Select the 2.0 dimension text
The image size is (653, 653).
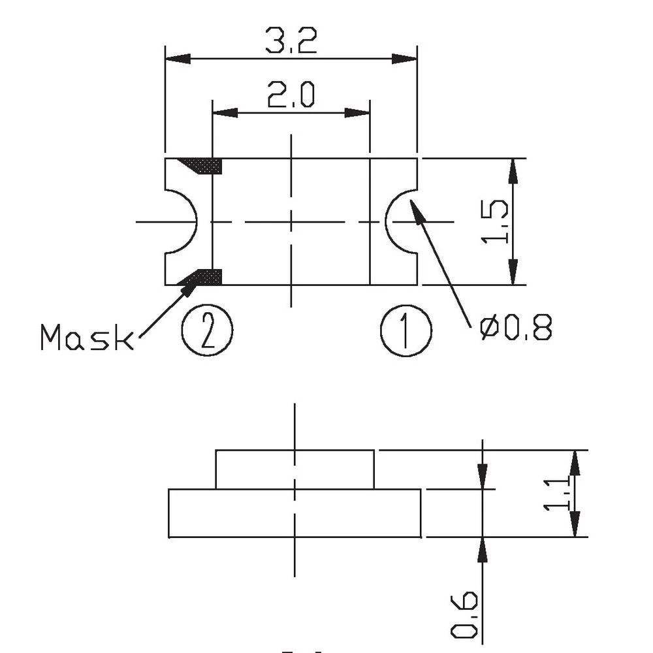[x=291, y=95]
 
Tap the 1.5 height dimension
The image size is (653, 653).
[x=495, y=222]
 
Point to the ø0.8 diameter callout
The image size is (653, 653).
[x=515, y=328]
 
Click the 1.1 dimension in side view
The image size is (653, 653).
[x=558, y=494]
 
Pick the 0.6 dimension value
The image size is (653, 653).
[x=464, y=614]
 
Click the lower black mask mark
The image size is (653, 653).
[x=204, y=278]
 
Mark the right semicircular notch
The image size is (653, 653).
[x=400, y=222]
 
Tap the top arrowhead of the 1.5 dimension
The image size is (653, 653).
[x=513, y=171]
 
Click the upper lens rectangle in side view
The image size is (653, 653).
[x=295, y=469]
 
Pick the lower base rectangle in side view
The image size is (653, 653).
[x=295, y=513]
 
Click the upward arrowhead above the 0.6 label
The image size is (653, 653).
[x=482, y=550]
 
